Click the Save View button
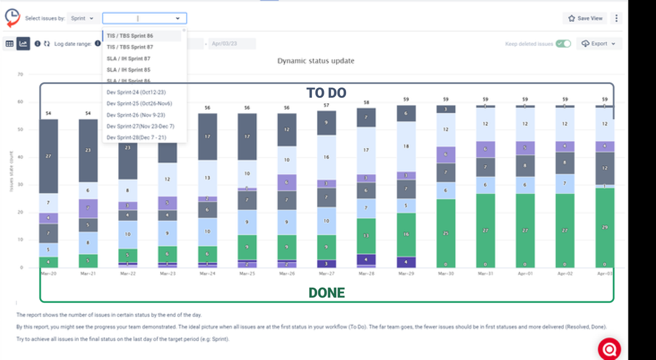click(585, 18)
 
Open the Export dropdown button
click(598, 44)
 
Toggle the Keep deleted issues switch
click(563, 44)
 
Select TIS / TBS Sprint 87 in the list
click(130, 47)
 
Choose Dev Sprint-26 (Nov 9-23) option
click(136, 115)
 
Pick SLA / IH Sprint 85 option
click(129, 70)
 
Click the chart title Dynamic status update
click(315, 61)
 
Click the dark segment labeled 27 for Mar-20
click(49, 156)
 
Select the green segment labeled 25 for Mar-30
click(446, 233)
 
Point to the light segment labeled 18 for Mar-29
click(406, 146)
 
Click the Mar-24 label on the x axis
click(207, 272)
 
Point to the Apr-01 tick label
click(524, 272)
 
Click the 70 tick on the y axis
click(20, 75)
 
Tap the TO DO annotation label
click(326, 93)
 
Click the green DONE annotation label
click(326, 293)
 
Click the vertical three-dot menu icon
click(616, 18)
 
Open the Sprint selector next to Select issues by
click(82, 18)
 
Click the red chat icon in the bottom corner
click(609, 348)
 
